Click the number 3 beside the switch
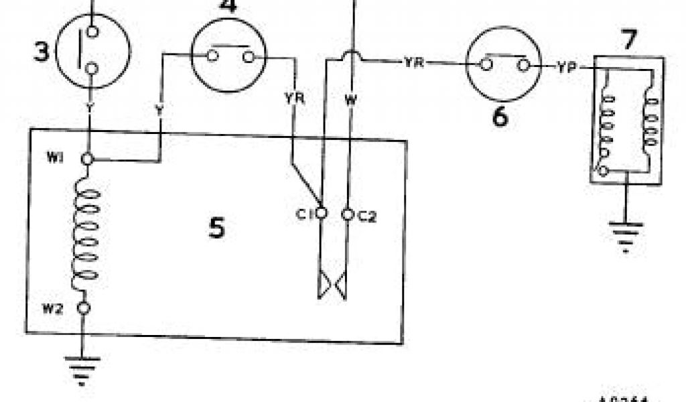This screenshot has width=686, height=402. pyautogui.click(x=42, y=52)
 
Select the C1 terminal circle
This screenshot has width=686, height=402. pyautogui.click(x=322, y=214)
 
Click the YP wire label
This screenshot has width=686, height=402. pyautogui.click(x=566, y=67)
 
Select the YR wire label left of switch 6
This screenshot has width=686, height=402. pyautogui.click(x=413, y=63)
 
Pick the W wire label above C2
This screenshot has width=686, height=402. pyautogui.click(x=350, y=101)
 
